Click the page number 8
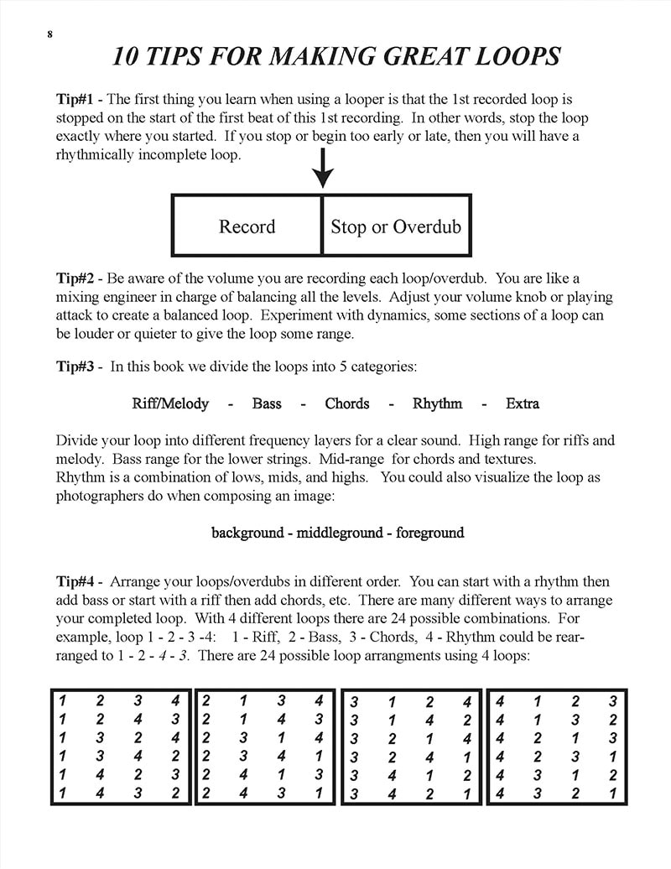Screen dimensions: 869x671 [x=51, y=34]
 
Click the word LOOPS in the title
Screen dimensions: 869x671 [x=513, y=56]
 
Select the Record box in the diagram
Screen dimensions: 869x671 [x=247, y=226]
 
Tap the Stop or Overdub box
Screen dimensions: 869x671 [x=396, y=226]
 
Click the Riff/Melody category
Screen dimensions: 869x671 [x=170, y=403]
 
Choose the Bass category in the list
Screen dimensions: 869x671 [x=267, y=403]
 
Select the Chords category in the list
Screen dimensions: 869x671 [x=347, y=403]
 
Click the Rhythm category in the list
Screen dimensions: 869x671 [x=437, y=403]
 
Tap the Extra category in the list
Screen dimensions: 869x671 [x=523, y=403]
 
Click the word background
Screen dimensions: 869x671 [x=247, y=533]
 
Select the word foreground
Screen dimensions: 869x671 [x=429, y=533]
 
